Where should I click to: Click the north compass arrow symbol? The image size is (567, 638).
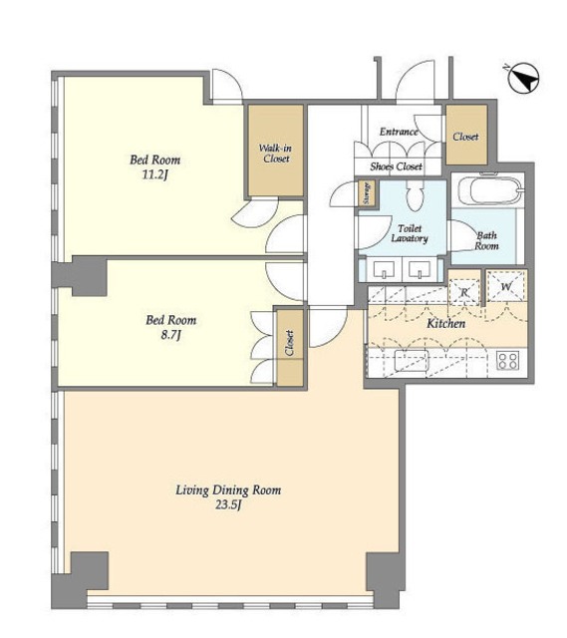click(x=523, y=78)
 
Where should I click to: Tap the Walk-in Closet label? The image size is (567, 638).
click(x=276, y=154)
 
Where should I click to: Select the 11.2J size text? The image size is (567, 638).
click(x=154, y=175)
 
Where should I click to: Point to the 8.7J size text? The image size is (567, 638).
click(x=170, y=335)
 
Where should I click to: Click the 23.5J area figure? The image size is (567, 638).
click(x=228, y=505)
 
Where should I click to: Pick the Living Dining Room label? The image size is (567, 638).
click(x=228, y=489)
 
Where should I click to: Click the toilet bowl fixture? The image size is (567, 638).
click(x=415, y=195)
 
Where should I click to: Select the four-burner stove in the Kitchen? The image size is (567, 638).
click(x=507, y=360)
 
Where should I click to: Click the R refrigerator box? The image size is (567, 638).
click(x=464, y=292)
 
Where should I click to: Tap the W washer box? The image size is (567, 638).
click(x=506, y=286)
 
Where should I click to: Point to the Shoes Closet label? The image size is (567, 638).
click(x=396, y=166)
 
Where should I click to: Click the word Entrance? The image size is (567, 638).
click(x=399, y=132)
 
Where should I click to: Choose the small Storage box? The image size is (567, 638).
click(x=368, y=193)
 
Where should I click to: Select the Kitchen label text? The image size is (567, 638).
click(x=445, y=324)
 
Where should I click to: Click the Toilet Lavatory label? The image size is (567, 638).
click(x=410, y=233)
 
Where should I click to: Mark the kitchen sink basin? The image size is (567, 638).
click(x=412, y=360)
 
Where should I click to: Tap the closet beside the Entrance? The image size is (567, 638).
click(x=466, y=136)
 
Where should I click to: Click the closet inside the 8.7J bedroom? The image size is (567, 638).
click(x=290, y=348)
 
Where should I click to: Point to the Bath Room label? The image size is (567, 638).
click(x=487, y=240)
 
